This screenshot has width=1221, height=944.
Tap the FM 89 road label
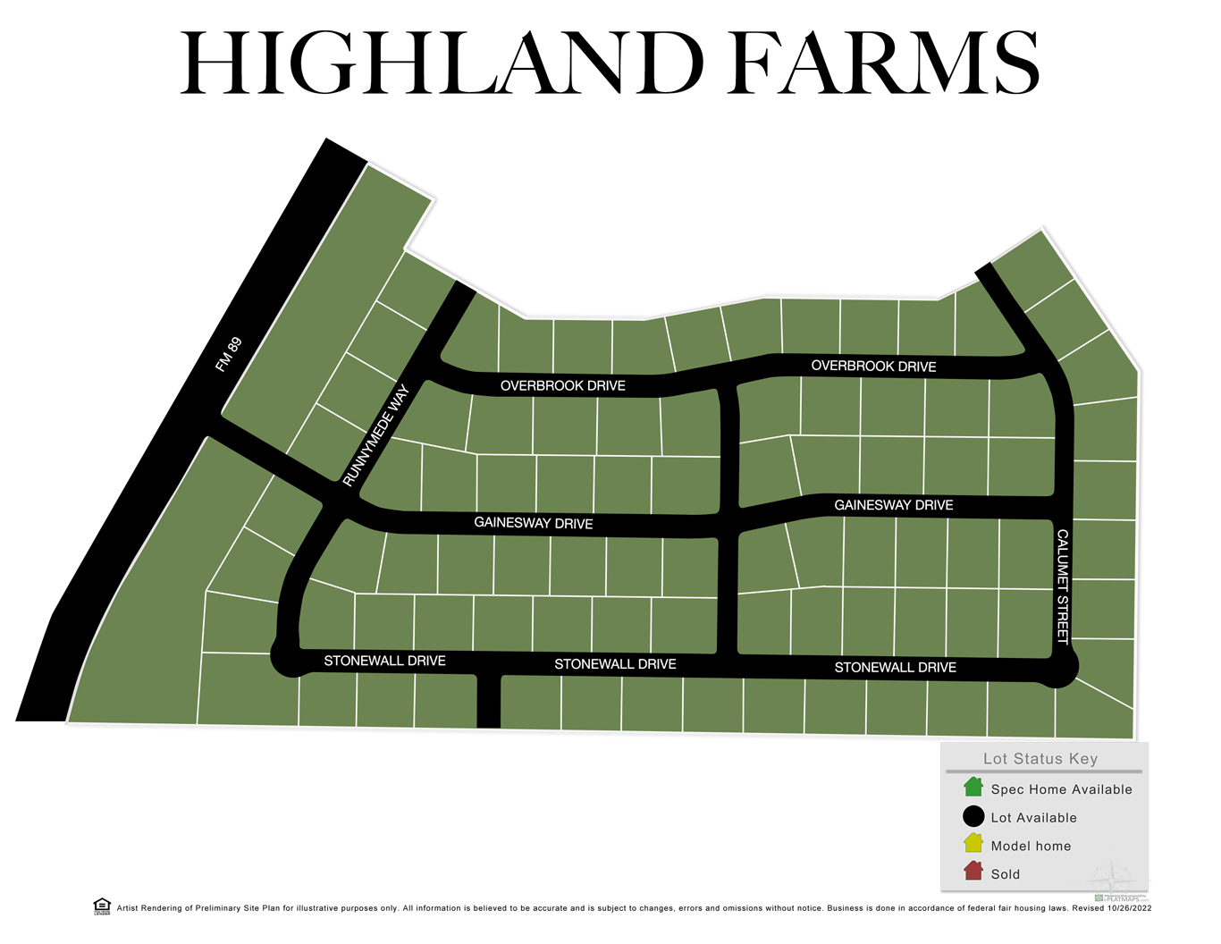pyautogui.click(x=229, y=355)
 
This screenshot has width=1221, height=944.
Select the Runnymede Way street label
pyautogui.click(x=375, y=435)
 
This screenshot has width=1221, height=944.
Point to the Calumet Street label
pyautogui.click(x=1063, y=586)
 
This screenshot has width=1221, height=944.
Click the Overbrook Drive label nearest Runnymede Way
pyautogui.click(x=563, y=386)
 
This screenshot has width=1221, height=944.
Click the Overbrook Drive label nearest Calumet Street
pyautogui.click(x=873, y=367)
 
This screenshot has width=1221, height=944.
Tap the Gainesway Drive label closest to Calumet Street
pyautogui.click(x=894, y=505)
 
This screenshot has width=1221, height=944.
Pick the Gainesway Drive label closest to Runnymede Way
pyautogui.click(x=534, y=523)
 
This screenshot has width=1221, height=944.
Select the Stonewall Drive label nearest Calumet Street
pyautogui.click(x=895, y=668)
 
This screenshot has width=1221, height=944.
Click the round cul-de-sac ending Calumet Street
pyautogui.click(x=1058, y=667)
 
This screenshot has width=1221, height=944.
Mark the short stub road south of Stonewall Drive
pyautogui.click(x=489, y=703)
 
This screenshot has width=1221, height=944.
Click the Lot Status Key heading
pyautogui.click(x=1040, y=759)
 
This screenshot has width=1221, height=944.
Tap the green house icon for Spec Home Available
pyautogui.click(x=973, y=788)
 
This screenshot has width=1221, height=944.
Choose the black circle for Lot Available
pyautogui.click(x=973, y=816)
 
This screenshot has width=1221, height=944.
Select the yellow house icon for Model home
pyautogui.click(x=973, y=844)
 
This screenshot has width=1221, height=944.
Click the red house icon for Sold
pyautogui.click(x=973, y=872)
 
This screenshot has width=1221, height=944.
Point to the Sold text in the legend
pyautogui.click(x=1006, y=874)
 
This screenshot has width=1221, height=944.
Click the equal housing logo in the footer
pyautogui.click(x=102, y=906)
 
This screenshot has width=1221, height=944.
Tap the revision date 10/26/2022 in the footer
pyautogui.click(x=1130, y=908)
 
